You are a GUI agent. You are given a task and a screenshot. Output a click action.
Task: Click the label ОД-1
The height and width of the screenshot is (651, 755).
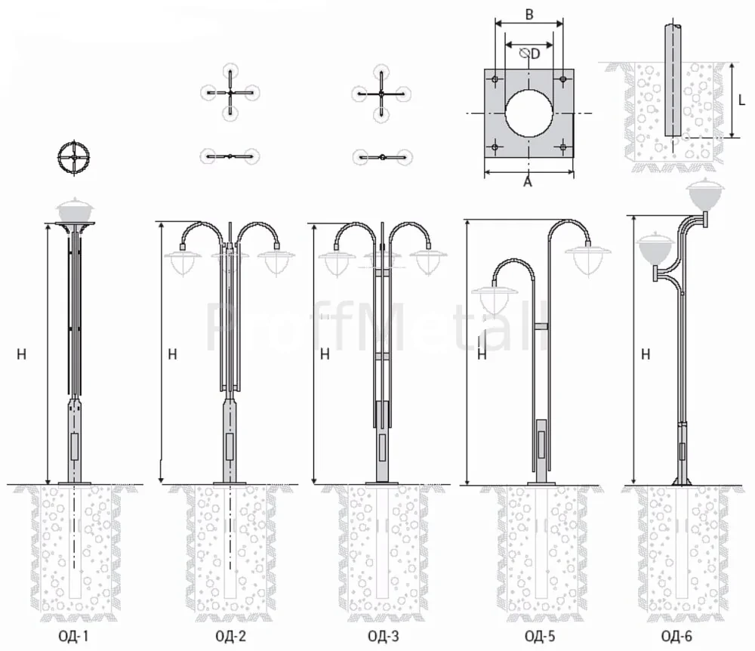pyautogui.click(x=74, y=637)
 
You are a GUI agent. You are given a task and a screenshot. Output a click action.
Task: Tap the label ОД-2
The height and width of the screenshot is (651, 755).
pyautogui.click(x=230, y=637)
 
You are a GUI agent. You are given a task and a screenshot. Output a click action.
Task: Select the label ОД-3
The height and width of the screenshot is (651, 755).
pyautogui.click(x=384, y=637)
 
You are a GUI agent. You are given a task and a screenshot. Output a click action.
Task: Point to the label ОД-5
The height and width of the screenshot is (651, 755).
pyautogui.click(x=540, y=637)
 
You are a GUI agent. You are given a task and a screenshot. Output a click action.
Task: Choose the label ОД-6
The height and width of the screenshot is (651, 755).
pyautogui.click(x=676, y=637)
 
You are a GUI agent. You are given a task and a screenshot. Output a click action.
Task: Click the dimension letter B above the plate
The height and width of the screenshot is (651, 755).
pyautogui.click(x=529, y=14)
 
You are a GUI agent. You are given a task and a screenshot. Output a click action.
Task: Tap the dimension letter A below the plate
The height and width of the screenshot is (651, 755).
pyautogui.click(x=528, y=182)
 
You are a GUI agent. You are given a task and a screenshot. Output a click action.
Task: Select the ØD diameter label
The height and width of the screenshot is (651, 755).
pyautogui.click(x=530, y=53)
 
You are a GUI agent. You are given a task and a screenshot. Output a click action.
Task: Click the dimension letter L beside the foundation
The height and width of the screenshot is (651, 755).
pyautogui.click(x=741, y=100)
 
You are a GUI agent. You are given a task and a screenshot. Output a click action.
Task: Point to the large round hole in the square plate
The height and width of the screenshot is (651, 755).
pyautogui.click(x=528, y=113)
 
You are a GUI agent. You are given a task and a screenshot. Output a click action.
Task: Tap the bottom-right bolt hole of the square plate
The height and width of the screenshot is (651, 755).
pyautogui.click(x=563, y=147)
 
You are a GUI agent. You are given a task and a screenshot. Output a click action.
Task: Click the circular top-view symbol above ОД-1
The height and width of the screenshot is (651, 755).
pyautogui.click(x=74, y=157)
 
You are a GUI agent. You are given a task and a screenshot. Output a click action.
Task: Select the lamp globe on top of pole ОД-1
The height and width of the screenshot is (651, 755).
pyautogui.click(x=75, y=209)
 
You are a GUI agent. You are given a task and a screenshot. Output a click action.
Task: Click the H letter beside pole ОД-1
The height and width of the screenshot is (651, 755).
pyautogui.click(x=21, y=354)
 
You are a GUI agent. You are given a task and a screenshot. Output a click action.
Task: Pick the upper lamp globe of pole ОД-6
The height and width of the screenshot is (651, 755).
pyautogui.click(x=706, y=192)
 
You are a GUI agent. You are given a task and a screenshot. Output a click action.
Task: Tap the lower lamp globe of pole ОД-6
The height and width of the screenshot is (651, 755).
pyautogui.click(x=654, y=248)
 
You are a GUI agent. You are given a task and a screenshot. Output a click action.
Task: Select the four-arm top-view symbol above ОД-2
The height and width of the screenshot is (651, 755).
pyautogui.click(x=230, y=92)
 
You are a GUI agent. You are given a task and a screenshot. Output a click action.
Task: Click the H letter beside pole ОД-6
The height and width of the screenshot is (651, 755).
pyautogui.click(x=646, y=354)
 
